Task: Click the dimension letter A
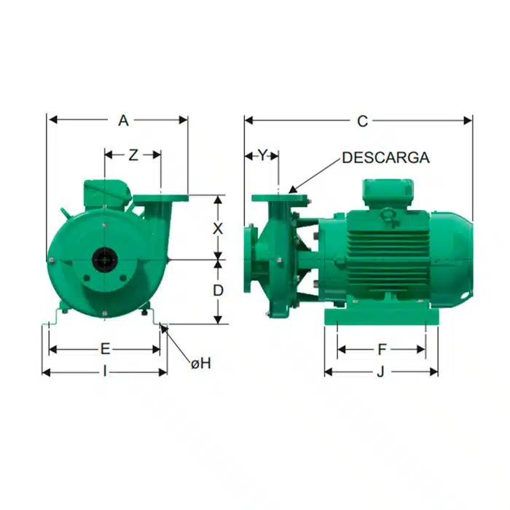coord(123,121)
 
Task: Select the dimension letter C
coord(362,122)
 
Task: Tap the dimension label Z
coord(133,155)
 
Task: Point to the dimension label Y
coord(262,155)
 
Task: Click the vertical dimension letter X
coord(218,229)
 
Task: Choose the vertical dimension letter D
coord(218,291)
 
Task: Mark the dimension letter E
coord(105,349)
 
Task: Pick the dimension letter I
coord(105,371)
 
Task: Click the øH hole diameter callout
coord(201,364)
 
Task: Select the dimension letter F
coord(382,350)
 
